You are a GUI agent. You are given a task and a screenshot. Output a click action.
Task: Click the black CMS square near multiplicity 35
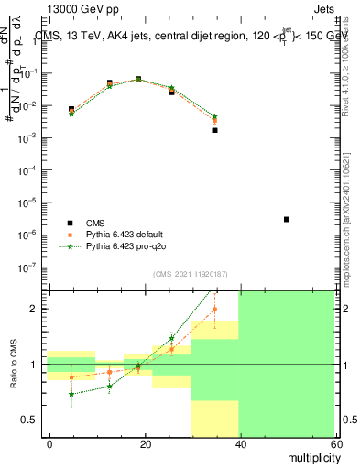[214, 130]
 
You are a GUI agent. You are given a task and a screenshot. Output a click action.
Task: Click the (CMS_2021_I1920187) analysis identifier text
[190, 274]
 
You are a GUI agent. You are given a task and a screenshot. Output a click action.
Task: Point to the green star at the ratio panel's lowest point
[71, 395]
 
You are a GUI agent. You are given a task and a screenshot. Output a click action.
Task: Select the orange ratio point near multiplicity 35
[214, 310]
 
